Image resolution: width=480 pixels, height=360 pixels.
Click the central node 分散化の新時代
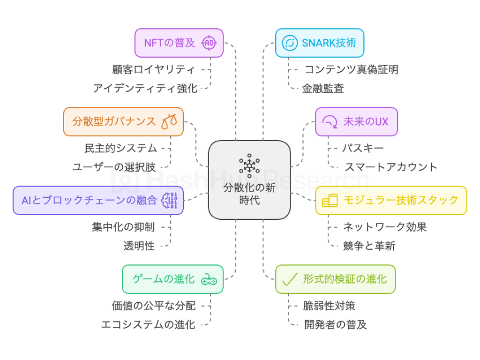click(249, 192)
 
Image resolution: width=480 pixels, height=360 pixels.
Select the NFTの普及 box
click(179, 43)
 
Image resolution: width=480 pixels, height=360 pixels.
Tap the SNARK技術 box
click(319, 43)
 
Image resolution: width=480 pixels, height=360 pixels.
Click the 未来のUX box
click(356, 122)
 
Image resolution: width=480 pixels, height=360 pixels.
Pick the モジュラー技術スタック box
click(391, 201)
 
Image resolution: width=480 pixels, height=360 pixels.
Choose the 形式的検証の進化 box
click(335, 279)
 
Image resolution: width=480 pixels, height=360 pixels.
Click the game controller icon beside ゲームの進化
click(209, 280)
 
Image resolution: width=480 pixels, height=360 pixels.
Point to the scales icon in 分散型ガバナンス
click(169, 122)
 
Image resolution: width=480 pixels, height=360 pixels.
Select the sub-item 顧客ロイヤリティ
click(153, 70)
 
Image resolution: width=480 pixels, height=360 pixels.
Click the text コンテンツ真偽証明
click(351, 70)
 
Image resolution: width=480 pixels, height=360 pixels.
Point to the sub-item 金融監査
click(323, 88)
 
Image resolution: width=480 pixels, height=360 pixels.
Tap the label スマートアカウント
click(391, 167)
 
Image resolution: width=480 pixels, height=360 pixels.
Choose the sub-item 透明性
click(139, 246)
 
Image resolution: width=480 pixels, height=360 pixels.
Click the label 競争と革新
click(369, 246)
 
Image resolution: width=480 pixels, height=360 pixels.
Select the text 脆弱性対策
click(329, 306)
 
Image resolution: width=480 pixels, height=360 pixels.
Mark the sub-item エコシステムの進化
click(148, 324)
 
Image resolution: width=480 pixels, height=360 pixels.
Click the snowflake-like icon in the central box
click(249, 165)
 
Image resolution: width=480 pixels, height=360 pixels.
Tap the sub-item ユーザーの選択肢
click(114, 167)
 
